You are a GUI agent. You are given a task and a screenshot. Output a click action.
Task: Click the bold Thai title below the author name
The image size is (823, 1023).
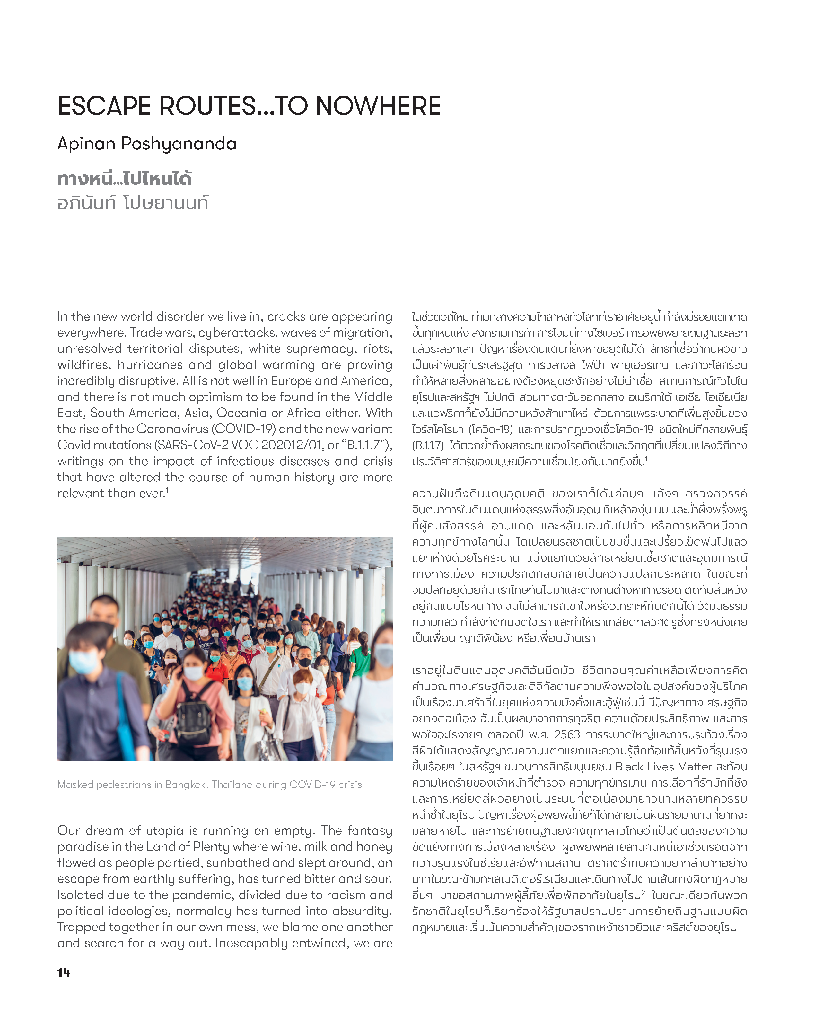click(124, 179)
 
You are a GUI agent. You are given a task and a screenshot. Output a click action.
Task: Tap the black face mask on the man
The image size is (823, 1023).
click(304, 663)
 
